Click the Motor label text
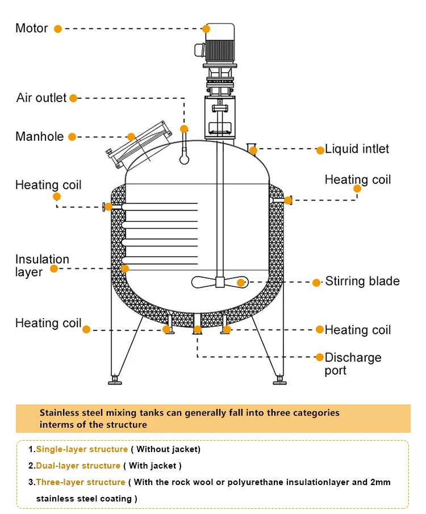point(31,28)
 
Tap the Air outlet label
point(41,98)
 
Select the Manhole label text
point(39,136)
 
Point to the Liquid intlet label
point(357,149)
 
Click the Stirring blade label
point(362,281)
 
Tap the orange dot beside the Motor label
point(57,28)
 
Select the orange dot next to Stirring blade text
point(317,282)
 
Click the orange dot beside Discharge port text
point(320,357)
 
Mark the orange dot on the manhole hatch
point(131,137)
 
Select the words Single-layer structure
point(82,449)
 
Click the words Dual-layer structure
point(78,466)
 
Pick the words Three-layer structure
point(80,482)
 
